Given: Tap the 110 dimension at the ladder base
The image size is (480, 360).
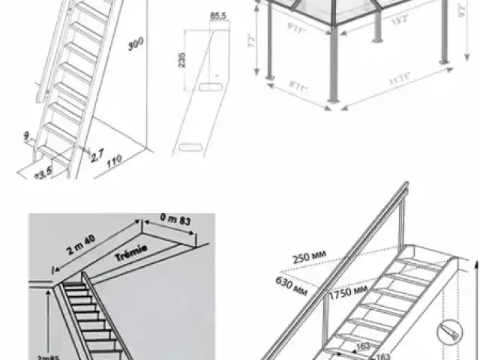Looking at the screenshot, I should pyautogui.click(x=112, y=161).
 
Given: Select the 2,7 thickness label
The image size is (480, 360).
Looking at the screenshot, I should pyautogui.click(x=96, y=156).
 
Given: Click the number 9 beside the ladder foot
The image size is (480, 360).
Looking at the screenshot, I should pyautogui.click(x=26, y=136).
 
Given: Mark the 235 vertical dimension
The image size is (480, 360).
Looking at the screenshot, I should pyautogui.click(x=180, y=61).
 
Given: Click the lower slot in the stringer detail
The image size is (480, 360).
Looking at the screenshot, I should pyautogui.click(x=187, y=144).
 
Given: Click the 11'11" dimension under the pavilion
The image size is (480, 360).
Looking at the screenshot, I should pyautogui.click(x=397, y=77).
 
